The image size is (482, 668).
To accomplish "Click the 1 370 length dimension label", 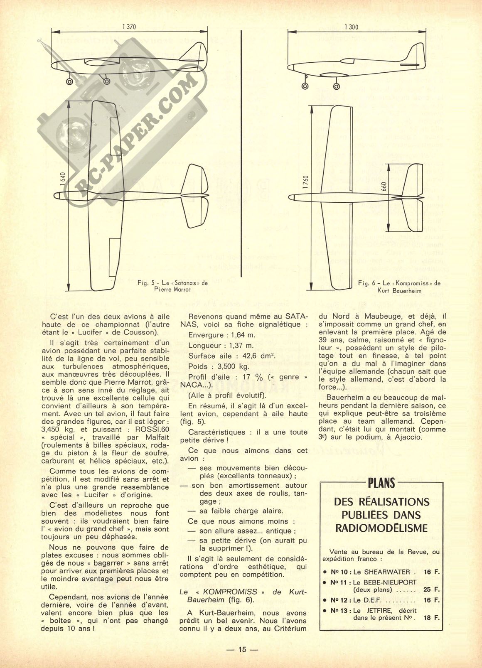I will click(129, 27).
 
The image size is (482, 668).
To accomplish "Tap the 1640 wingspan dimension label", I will click(62, 180).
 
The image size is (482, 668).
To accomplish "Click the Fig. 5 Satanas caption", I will click(172, 286).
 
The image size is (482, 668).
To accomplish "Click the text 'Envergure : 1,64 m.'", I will click(222, 335).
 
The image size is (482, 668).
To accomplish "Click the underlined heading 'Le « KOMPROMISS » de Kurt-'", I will click(243, 592).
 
